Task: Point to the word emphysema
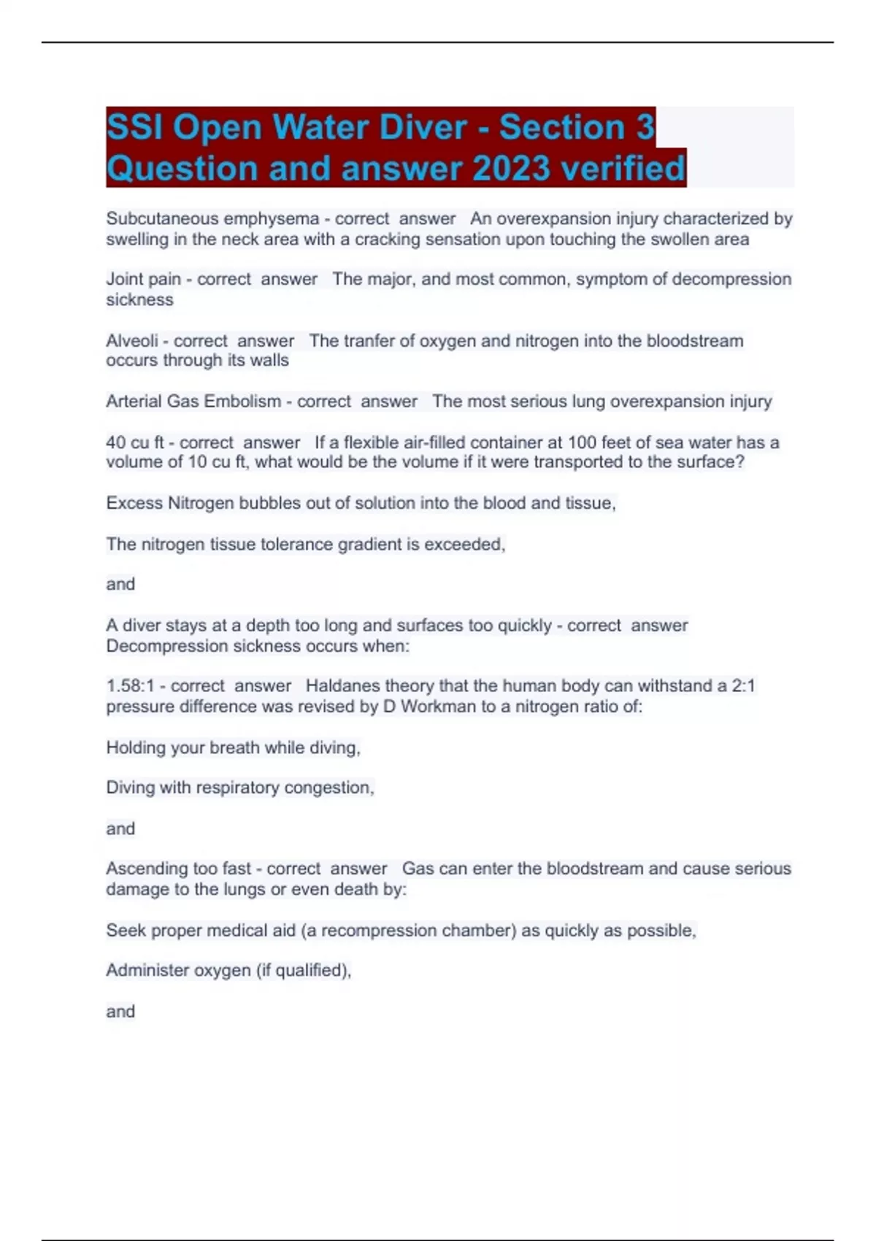coord(272,218)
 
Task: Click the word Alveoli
coord(132,341)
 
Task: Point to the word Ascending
coord(142,869)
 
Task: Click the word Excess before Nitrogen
coord(134,503)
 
